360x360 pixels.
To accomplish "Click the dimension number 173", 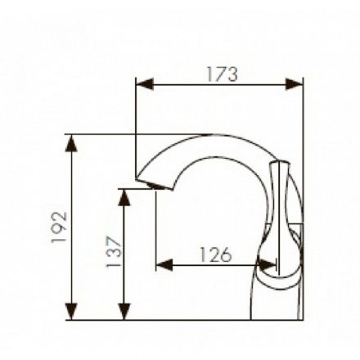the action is coord(223,74).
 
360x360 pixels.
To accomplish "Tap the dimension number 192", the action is coord(59,227).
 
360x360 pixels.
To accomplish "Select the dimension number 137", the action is coord(114,251).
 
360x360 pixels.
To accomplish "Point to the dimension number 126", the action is coord(216,254).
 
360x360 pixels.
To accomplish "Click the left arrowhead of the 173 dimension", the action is coord(145,83).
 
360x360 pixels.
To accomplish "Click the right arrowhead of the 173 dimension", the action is coord(294,83).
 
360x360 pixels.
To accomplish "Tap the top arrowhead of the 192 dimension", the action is coord(71,143).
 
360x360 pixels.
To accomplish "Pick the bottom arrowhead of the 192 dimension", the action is coord(71,311).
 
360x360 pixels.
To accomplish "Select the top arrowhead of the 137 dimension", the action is coord(124,197).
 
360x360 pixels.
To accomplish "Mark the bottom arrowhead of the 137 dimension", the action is coord(124,311).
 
